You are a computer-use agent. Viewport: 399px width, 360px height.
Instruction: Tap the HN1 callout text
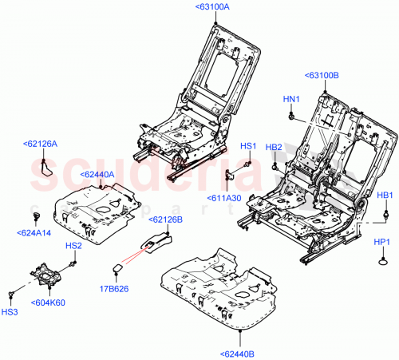(x=291, y=99)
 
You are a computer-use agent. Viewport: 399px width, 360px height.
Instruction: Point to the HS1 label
(x=248, y=146)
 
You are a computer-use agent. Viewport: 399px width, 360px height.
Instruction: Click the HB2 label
(x=274, y=147)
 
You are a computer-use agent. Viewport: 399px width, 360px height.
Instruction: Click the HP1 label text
(x=382, y=241)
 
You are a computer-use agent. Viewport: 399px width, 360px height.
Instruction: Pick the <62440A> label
(x=97, y=173)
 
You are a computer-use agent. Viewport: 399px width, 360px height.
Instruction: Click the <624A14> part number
(x=35, y=233)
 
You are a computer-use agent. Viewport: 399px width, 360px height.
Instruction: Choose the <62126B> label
(x=166, y=218)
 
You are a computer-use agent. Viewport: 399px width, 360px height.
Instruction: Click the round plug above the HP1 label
(x=383, y=259)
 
